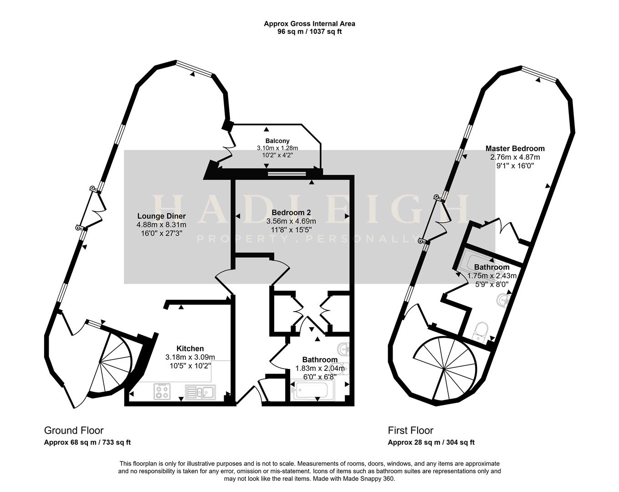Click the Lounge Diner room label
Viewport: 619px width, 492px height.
click(x=161, y=216)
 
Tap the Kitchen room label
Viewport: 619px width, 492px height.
click(x=190, y=348)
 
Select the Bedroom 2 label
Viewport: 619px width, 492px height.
click(x=291, y=212)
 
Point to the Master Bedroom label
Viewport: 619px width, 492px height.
click(x=515, y=149)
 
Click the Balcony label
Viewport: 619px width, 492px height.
click(x=277, y=141)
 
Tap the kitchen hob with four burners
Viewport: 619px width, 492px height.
click(x=163, y=391)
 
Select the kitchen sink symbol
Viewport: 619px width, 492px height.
click(x=201, y=392)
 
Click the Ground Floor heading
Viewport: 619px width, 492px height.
click(x=74, y=430)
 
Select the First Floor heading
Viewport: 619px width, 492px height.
click(x=410, y=430)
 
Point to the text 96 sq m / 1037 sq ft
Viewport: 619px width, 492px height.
click(x=309, y=32)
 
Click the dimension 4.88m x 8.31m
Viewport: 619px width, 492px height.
click(x=161, y=225)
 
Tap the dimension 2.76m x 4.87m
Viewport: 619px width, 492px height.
click(x=515, y=157)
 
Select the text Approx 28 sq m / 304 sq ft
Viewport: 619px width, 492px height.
click(x=431, y=442)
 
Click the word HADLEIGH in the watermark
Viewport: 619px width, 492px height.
click(x=310, y=210)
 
